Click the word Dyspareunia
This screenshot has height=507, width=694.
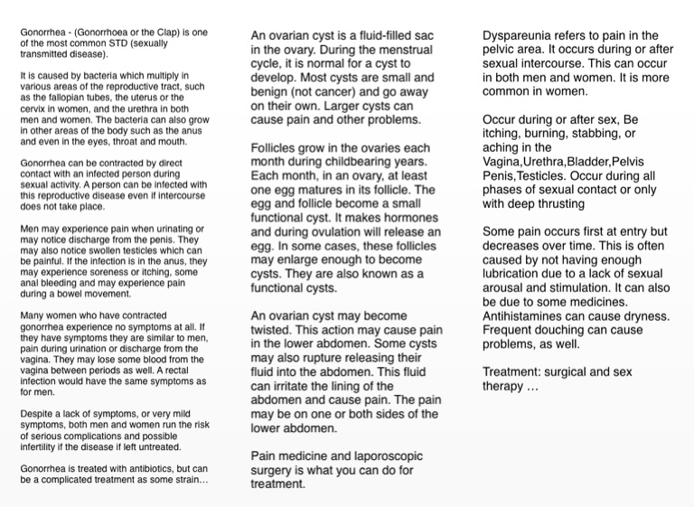click(520, 35)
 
